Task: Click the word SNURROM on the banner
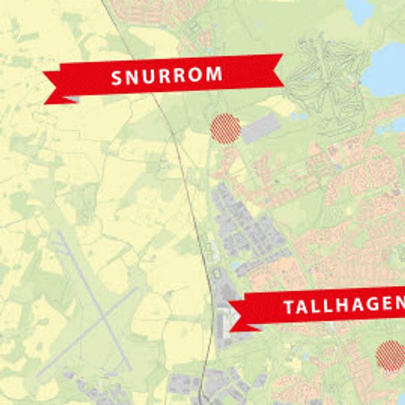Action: (166, 76)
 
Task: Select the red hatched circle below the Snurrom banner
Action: (225, 128)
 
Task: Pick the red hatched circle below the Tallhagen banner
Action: (391, 356)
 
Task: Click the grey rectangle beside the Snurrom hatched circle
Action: (261, 128)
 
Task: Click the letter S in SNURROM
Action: (117, 78)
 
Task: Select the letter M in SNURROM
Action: (215, 74)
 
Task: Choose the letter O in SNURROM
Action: (196, 74)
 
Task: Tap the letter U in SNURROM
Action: (149, 77)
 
